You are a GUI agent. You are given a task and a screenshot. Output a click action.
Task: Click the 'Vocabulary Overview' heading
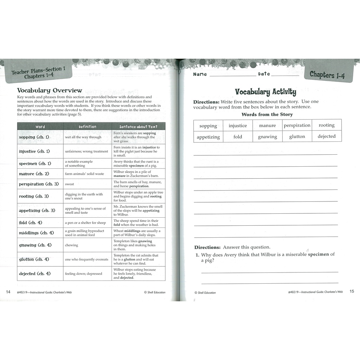[x=50, y=91]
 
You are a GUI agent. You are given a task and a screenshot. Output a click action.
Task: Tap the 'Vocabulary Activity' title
[x=265, y=92]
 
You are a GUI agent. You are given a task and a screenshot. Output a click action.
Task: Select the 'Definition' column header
[x=88, y=127]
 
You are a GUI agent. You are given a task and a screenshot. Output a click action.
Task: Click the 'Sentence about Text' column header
[x=139, y=127]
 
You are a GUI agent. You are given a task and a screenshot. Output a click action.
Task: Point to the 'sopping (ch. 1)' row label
[x=34, y=137]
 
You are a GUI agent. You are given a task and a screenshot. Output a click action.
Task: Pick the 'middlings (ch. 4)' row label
[x=37, y=233]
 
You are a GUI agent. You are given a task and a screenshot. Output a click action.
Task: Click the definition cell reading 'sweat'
[x=70, y=184]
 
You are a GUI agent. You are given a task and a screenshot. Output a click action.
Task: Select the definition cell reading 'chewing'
[x=72, y=245]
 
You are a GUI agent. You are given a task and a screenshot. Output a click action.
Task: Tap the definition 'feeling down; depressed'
[x=84, y=274]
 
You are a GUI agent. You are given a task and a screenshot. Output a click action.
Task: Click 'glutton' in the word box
[x=297, y=136]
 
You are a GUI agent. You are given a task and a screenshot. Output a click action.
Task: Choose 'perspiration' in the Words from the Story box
[x=297, y=125]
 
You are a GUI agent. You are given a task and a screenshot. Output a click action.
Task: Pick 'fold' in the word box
[x=238, y=137]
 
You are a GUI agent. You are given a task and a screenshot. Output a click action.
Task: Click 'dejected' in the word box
[x=327, y=136]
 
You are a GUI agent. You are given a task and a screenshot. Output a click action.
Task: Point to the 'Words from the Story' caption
[x=267, y=114]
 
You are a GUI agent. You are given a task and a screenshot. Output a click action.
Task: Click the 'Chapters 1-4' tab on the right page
[x=327, y=75]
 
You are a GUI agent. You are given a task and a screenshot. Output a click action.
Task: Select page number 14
[x=8, y=291]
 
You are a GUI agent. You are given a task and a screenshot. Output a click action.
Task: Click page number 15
[x=352, y=291]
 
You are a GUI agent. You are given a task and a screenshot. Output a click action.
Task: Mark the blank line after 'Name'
[x=233, y=75]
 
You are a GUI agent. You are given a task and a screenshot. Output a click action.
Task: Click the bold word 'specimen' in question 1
[x=319, y=254]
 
